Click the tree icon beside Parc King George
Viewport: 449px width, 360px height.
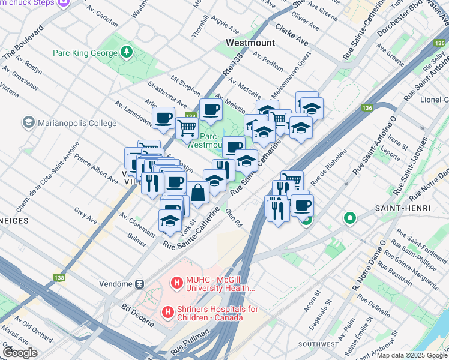[x=127, y=53]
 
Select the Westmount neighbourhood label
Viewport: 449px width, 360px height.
[x=250, y=43]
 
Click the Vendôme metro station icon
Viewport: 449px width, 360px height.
[x=139, y=283]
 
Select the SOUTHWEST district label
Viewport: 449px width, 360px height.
[x=321, y=344]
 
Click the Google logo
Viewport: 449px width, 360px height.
[x=20, y=352]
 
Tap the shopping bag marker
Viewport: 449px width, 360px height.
[x=197, y=193]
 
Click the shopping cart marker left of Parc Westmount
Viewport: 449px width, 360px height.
[x=187, y=127]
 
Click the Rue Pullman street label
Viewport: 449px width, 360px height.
[x=190, y=340]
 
